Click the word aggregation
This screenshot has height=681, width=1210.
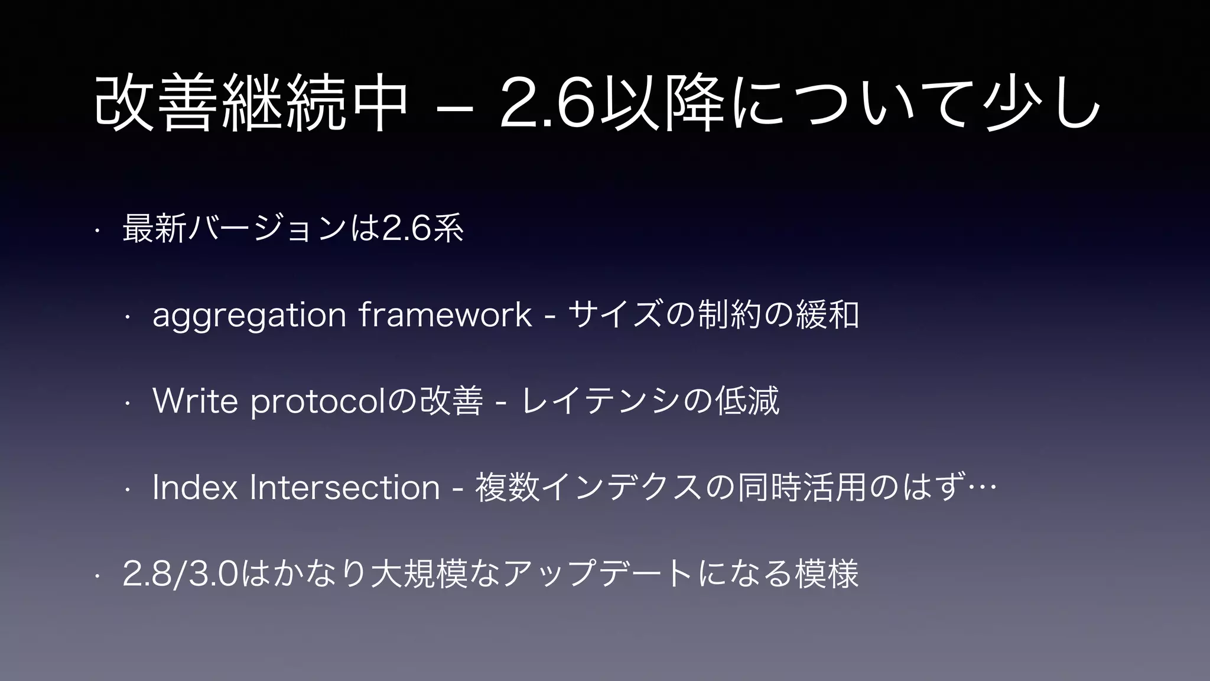pyautogui.click(x=249, y=315)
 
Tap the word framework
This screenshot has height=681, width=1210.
pyautogui.click(x=445, y=315)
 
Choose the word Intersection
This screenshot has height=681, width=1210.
pyautogui.click(x=345, y=488)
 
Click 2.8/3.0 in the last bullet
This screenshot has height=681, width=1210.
pyautogui.click(x=180, y=574)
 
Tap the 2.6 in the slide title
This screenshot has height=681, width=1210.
pyautogui.click(x=546, y=105)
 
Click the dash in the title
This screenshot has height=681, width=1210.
pyautogui.click(x=454, y=108)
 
